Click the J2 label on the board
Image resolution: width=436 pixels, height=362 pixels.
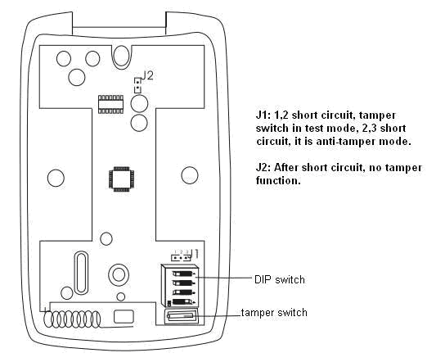147,75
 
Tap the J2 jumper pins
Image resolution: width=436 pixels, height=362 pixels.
137,85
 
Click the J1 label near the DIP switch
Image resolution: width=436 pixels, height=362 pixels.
195,254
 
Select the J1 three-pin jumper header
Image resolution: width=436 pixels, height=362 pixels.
181,257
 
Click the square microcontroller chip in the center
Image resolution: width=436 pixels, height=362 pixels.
122,179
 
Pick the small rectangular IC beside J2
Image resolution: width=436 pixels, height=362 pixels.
110,104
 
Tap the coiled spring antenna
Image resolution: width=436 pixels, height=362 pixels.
72,319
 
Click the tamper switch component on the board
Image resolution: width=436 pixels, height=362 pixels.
181,316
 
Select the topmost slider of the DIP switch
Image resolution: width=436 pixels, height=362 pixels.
182,274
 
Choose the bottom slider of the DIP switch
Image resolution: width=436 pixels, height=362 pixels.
182,302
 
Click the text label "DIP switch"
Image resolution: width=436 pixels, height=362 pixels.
280,279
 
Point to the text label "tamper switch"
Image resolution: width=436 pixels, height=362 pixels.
274,312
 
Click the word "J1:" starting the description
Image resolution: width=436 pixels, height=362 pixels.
263,115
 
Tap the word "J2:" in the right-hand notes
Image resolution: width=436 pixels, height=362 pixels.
263,168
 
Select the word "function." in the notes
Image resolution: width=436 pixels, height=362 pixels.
278,181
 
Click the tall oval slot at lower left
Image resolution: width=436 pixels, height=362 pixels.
82,272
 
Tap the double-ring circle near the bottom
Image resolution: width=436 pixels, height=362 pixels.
119,274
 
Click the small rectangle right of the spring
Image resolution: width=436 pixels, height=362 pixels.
124,316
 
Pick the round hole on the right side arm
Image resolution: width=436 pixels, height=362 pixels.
190,175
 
